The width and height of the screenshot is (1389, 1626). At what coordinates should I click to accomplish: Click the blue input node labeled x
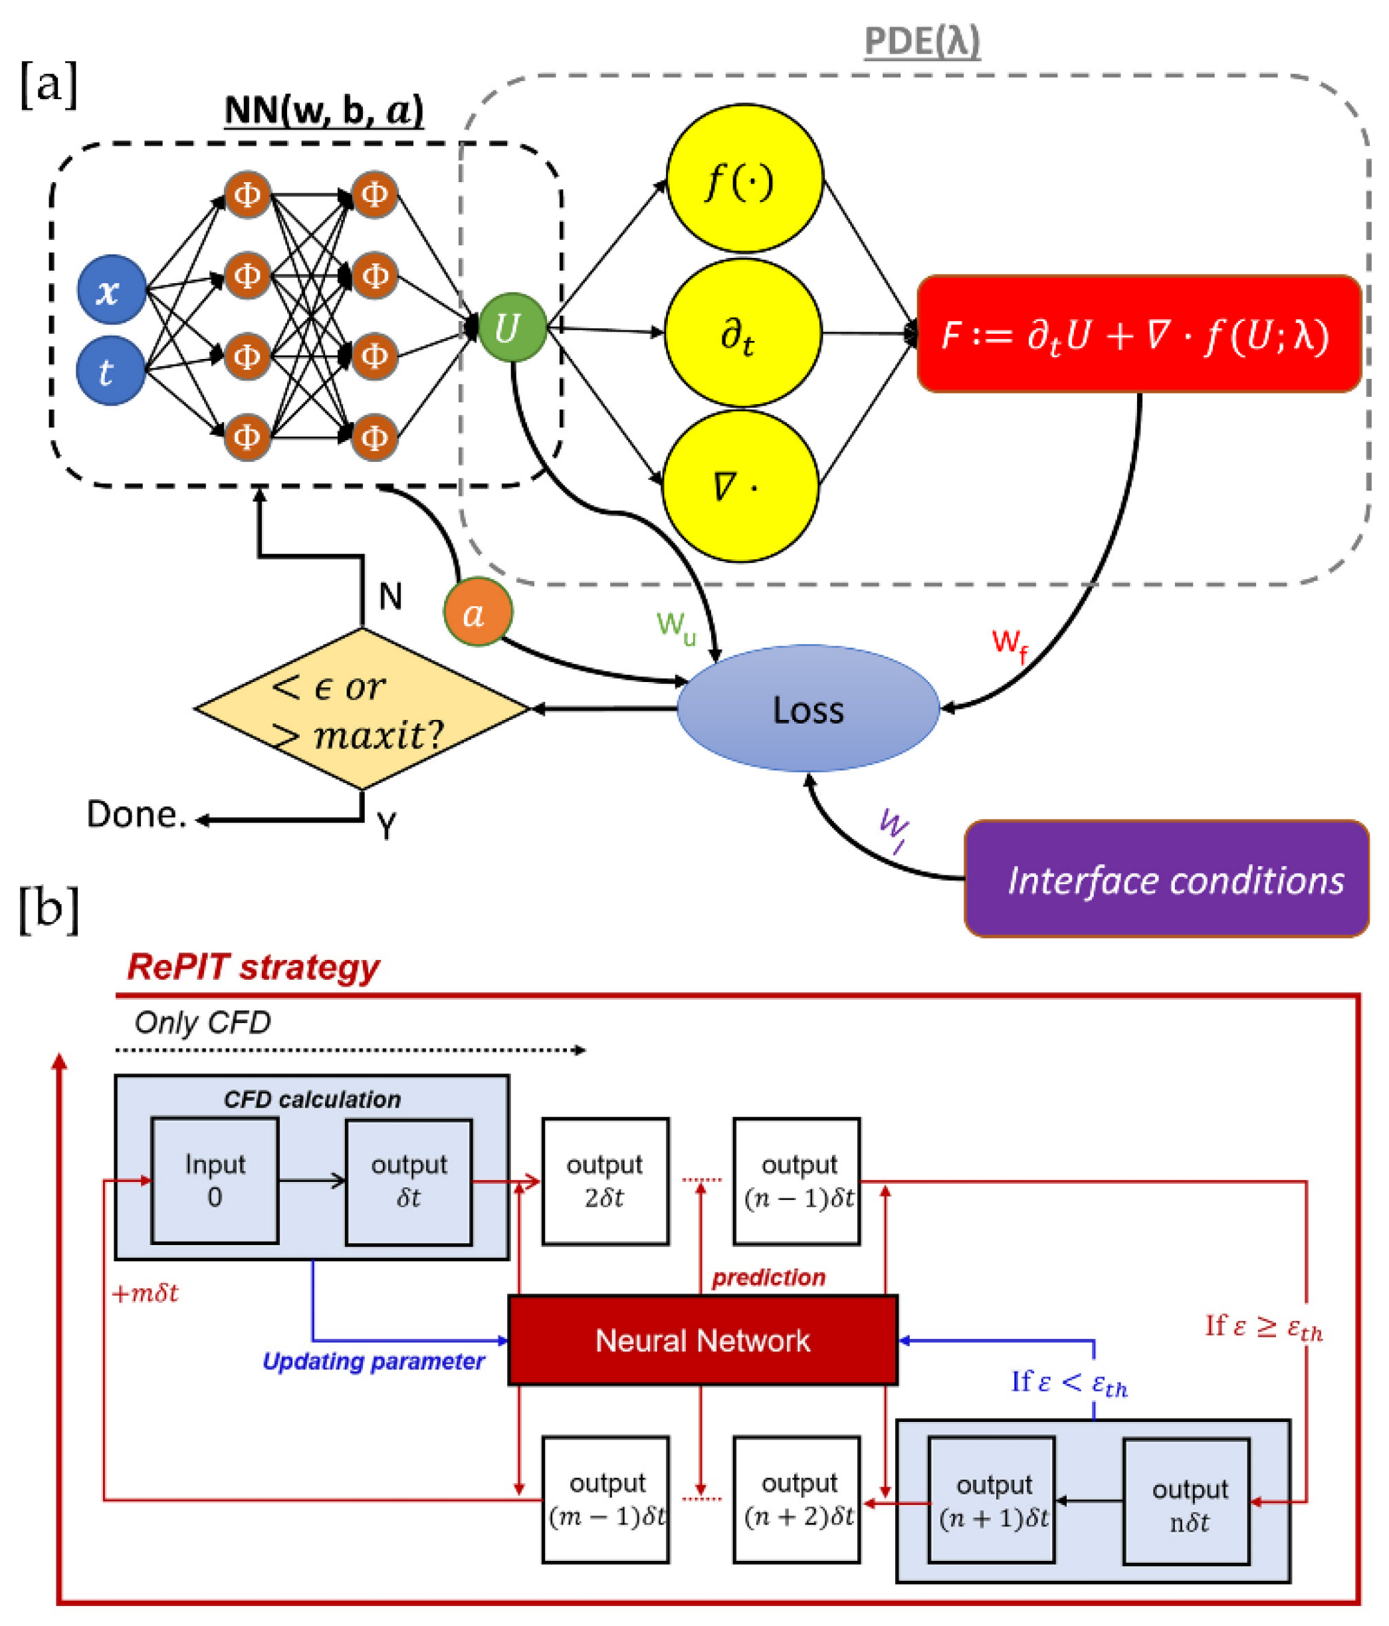coord(110,290)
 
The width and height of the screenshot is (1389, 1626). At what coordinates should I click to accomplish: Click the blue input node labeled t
coord(110,370)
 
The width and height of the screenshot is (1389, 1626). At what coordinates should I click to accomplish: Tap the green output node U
coord(512,327)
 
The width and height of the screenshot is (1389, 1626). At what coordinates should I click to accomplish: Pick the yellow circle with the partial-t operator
coord(742,334)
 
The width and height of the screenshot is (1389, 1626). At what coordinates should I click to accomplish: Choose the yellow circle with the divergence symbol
coord(740,486)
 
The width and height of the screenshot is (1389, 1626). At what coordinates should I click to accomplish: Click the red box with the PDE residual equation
coord(1138,334)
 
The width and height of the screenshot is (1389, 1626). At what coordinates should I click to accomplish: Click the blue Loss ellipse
coord(807,709)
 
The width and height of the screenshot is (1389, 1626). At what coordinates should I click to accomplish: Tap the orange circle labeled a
coord(477,612)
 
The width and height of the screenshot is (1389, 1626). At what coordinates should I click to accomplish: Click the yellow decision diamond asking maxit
coord(361,709)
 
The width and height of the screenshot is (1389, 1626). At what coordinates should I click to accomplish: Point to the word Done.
coord(136,814)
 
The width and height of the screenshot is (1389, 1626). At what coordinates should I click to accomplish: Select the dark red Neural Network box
coord(702,1340)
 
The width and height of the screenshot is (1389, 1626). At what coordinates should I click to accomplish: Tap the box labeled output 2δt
coord(604,1181)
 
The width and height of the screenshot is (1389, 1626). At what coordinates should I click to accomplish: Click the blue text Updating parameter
coord(373,1361)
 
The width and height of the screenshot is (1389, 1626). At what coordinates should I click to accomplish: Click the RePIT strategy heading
coord(253,967)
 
